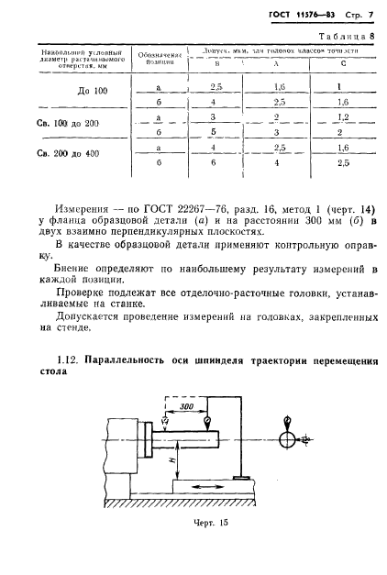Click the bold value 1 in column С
click(x=340, y=87)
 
